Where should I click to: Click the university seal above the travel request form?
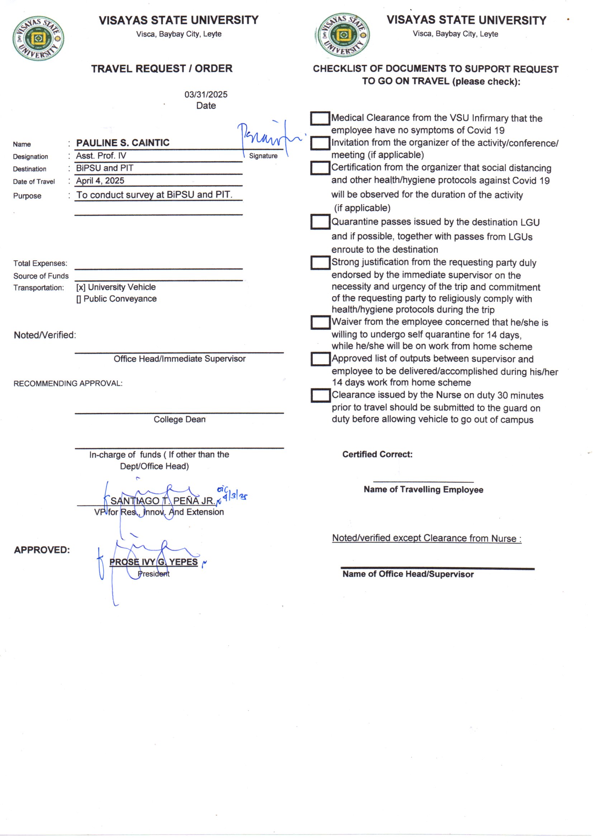(38, 38)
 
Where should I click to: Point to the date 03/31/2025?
(205, 95)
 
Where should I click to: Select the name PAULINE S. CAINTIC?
(123, 143)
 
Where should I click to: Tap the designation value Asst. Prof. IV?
(101, 156)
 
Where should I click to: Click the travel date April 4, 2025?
(100, 181)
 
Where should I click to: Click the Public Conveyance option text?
(120, 299)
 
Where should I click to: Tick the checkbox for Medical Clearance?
(320, 118)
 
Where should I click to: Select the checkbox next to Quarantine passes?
(320, 222)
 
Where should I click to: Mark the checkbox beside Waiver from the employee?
(320, 322)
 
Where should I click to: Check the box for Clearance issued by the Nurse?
(320, 395)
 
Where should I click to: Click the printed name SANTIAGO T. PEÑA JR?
(163, 501)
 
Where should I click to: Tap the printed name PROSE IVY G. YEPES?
(153, 562)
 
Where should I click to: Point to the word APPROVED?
(42, 550)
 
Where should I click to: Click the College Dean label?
(179, 419)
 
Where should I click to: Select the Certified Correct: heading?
(377, 454)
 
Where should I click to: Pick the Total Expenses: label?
(40, 263)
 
